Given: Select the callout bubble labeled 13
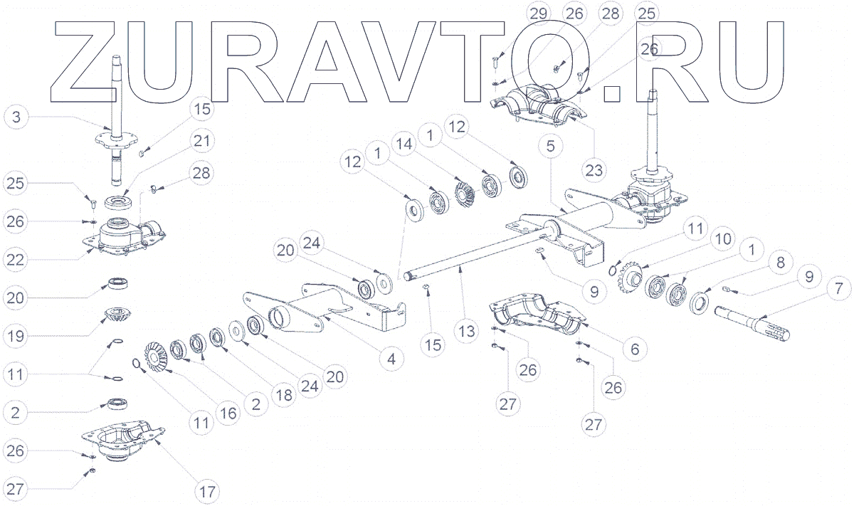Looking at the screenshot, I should (x=466, y=331).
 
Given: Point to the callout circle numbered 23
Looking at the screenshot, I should (x=594, y=170).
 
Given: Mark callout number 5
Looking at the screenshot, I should (x=555, y=146).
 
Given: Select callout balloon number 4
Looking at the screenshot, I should (x=391, y=359).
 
